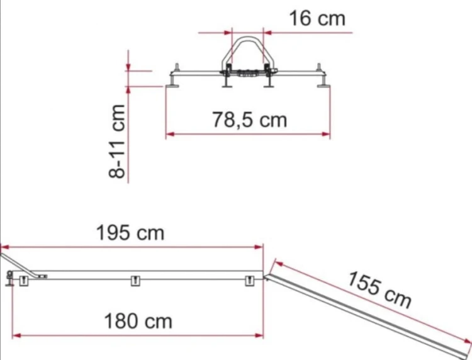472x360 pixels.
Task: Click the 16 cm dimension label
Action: click(x=317, y=18)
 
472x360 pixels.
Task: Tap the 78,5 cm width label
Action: click(x=250, y=120)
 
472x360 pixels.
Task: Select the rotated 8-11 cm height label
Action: click(x=117, y=142)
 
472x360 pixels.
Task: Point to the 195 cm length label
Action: click(x=130, y=233)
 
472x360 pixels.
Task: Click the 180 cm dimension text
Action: click(x=138, y=321)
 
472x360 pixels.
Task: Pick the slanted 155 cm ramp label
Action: click(x=379, y=290)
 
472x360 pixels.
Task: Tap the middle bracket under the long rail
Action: click(x=135, y=281)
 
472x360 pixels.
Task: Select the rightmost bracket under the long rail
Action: click(x=250, y=281)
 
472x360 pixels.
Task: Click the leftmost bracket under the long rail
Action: click(x=24, y=281)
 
